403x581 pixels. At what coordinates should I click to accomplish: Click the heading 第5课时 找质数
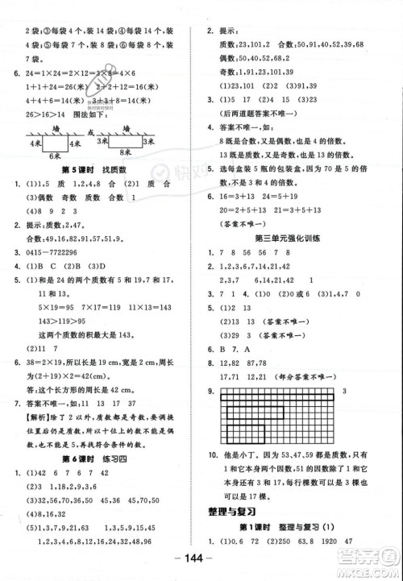pos(93,172)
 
